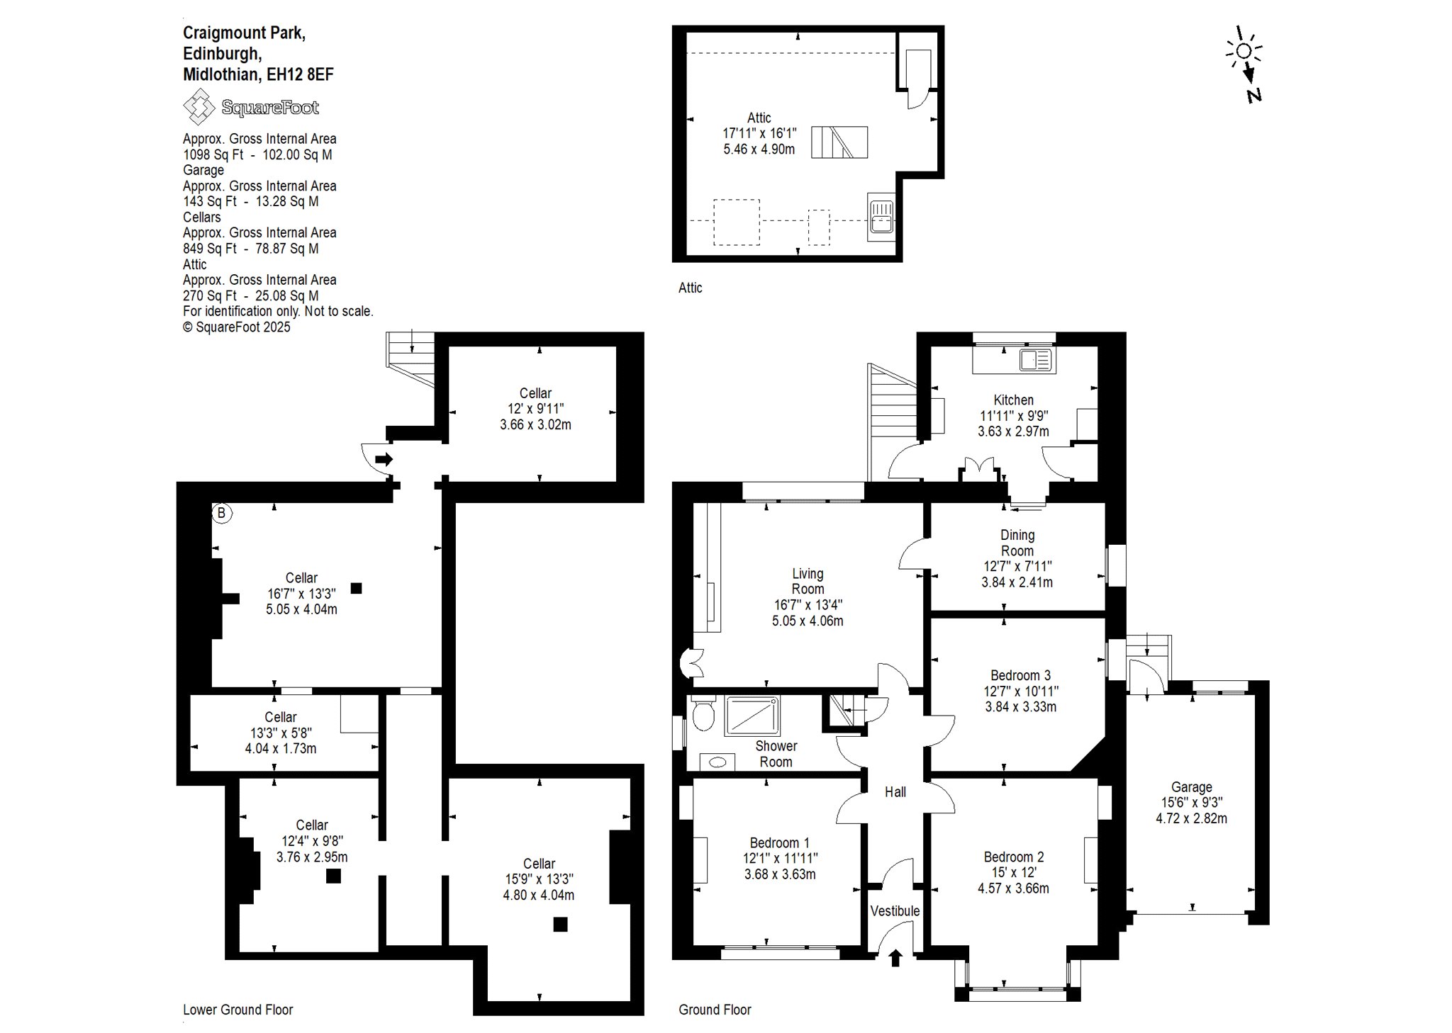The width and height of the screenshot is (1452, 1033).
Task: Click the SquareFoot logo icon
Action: coord(199,106)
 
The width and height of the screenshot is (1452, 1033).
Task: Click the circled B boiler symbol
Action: coord(222,513)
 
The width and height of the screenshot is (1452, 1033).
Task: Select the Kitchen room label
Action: coord(1014,400)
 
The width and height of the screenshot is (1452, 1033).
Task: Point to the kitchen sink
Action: coord(1035,360)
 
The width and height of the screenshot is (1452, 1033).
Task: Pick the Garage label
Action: coord(1191,786)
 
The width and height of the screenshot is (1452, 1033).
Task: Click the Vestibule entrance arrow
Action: coord(895,958)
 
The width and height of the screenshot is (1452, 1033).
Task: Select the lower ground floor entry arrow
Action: coord(384,460)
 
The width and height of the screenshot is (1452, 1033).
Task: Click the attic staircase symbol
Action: coord(839,142)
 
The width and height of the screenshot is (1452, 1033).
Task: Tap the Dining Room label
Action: coord(1017,543)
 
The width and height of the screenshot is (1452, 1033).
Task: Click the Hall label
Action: coord(895,792)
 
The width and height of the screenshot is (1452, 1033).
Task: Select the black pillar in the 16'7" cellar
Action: coord(356,587)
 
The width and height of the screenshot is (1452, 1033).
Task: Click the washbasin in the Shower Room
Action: coord(717,762)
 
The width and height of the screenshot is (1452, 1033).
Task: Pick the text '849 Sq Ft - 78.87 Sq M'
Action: coord(251,249)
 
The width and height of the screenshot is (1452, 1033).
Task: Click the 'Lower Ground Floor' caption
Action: coord(238,1010)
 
